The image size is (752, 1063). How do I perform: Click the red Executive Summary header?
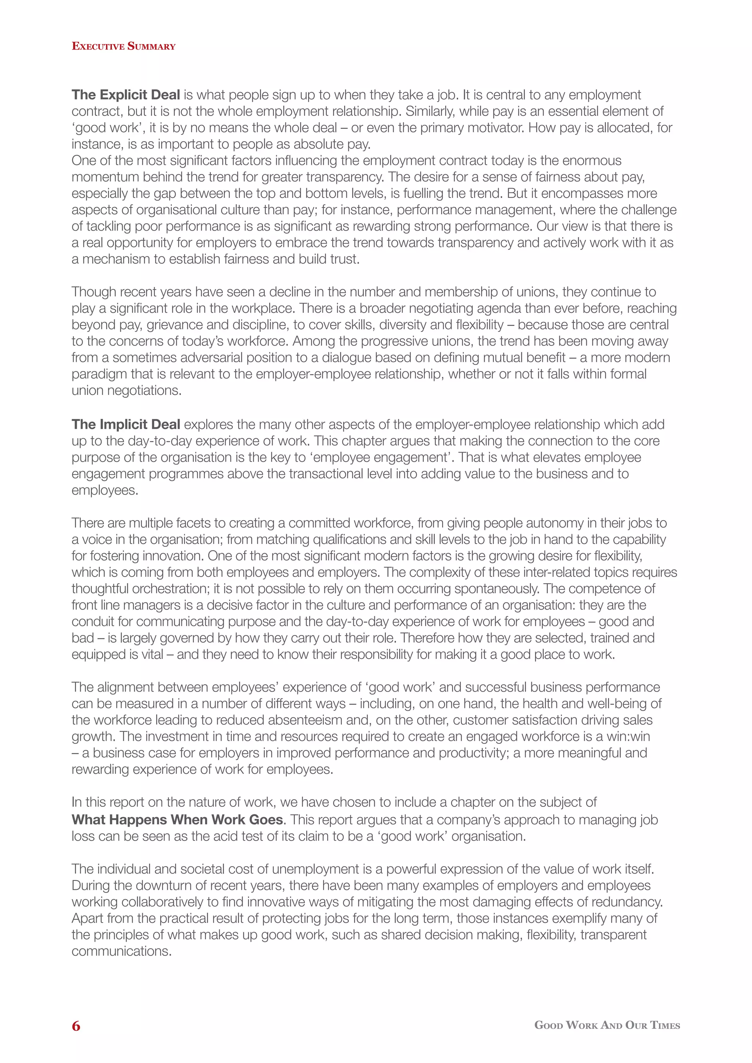(124, 46)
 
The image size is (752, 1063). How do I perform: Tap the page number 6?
(76, 1026)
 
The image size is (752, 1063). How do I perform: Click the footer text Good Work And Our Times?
(607, 1025)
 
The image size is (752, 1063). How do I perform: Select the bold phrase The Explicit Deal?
(126, 95)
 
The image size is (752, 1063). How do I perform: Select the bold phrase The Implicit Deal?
(126, 425)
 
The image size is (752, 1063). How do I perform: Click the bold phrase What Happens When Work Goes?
(177, 820)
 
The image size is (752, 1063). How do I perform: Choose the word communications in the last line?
(121, 951)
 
